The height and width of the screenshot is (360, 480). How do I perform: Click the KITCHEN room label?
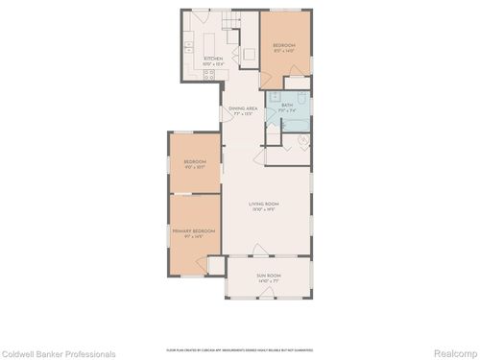click(213, 59)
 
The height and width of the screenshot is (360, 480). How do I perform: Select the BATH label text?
click(286, 106)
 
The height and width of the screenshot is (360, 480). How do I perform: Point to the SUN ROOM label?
click(268, 276)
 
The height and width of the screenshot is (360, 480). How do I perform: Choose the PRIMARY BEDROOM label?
click(193, 230)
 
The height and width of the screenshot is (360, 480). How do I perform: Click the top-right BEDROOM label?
click(283, 45)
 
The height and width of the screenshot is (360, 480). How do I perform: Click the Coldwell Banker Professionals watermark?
click(60, 352)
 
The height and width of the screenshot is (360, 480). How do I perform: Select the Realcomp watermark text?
click(452, 352)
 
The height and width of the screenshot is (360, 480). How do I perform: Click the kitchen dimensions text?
click(213, 64)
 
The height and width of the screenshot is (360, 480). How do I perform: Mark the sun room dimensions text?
click(268, 280)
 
